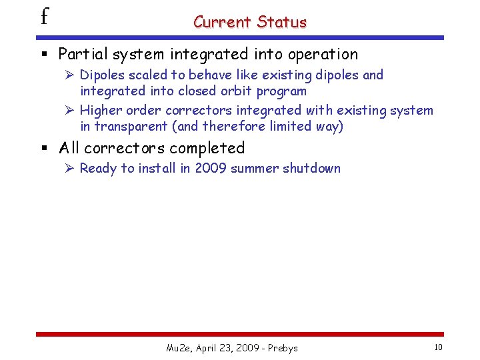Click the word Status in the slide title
click(x=281, y=22)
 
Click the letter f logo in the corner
click(x=44, y=16)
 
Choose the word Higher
click(x=101, y=111)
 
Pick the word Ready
click(x=98, y=168)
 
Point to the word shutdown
click(x=311, y=168)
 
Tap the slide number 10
click(x=437, y=347)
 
